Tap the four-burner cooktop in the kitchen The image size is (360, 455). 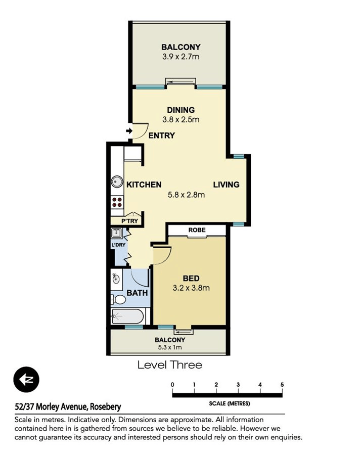pyautogui.click(x=117, y=202)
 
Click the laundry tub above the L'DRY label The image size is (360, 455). pyautogui.click(x=116, y=234)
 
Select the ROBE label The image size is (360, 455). pyautogui.click(x=197, y=230)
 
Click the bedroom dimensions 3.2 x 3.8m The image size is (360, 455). pyautogui.click(x=191, y=289)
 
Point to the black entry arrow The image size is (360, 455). pyautogui.click(x=128, y=131)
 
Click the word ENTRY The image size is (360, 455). pyautogui.click(x=162, y=135)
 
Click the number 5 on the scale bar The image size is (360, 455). pyautogui.click(x=282, y=385)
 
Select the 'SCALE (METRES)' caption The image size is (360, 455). pyautogui.click(x=229, y=403)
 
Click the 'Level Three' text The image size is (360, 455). pyautogui.click(x=170, y=365)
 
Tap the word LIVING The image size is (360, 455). pyautogui.click(x=226, y=185)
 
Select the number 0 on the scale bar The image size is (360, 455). pyautogui.click(x=172, y=385)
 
